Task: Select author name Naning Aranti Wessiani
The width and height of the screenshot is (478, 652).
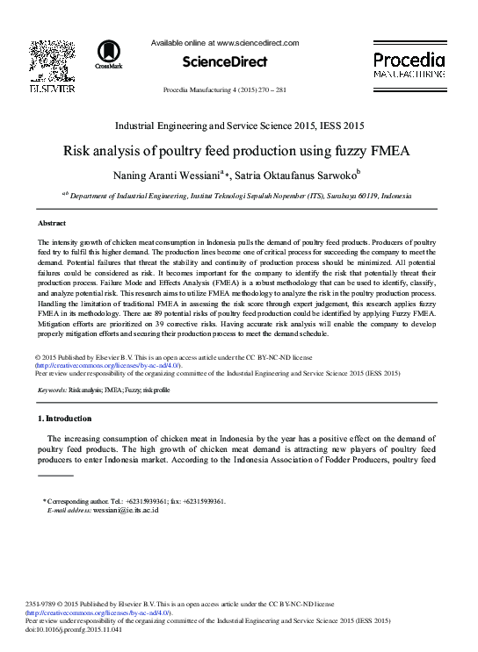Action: [x=170, y=176]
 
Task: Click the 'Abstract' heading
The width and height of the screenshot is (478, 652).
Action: [x=52, y=224]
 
